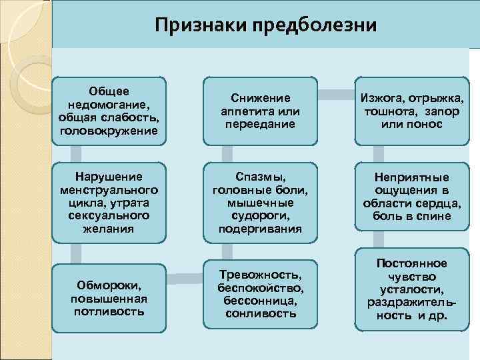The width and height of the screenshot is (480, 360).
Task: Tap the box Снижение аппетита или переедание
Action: point(260,111)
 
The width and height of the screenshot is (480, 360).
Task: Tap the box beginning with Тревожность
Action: point(260,294)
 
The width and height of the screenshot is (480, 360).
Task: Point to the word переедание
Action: point(260,124)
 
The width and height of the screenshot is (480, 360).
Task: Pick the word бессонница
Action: point(260,301)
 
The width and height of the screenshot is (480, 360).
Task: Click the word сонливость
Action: point(260,313)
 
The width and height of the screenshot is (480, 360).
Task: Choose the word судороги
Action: point(260,215)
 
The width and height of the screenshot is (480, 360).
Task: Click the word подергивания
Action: point(260,229)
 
